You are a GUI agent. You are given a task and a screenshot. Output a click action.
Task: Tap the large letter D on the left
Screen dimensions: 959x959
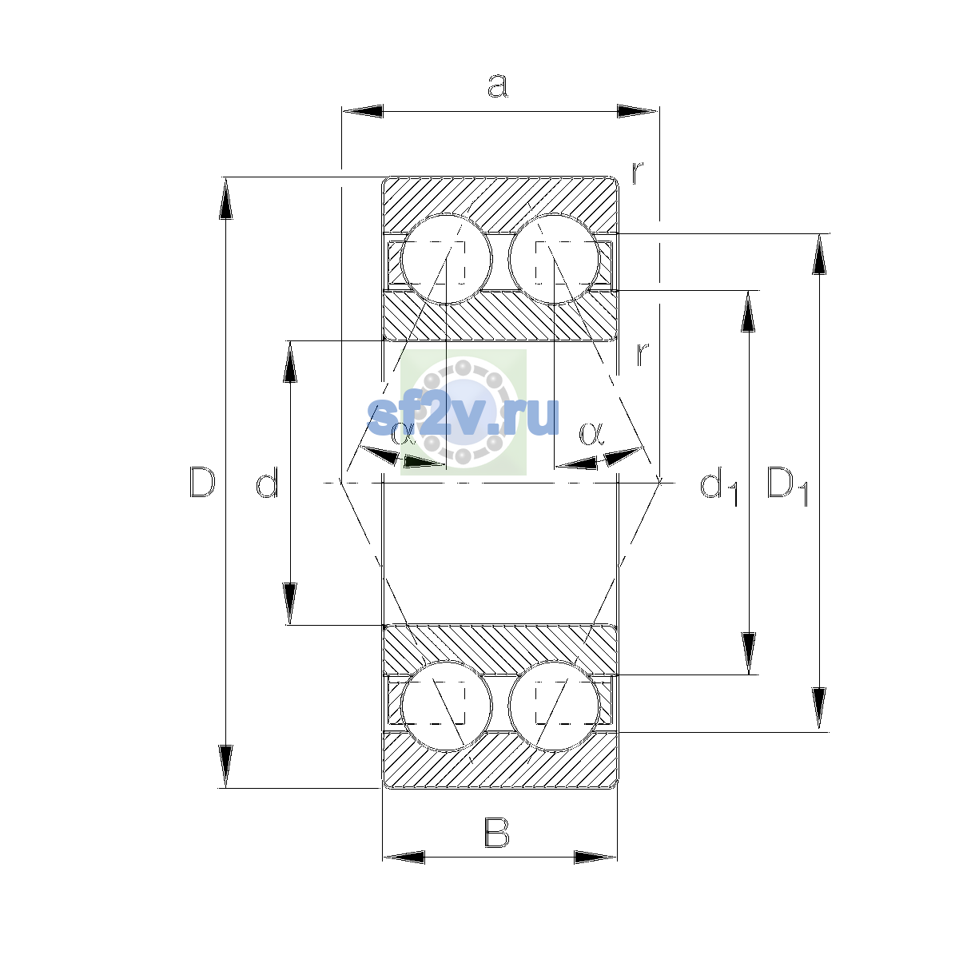pos(202,482)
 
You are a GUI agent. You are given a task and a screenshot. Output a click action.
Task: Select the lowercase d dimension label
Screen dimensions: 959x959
pos(267,482)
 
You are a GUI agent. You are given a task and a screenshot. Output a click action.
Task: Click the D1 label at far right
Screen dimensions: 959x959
pos(788,486)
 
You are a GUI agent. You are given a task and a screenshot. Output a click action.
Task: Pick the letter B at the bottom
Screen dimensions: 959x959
pos(496,833)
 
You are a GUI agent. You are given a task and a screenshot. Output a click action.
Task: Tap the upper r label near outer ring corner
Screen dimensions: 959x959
pos(638,172)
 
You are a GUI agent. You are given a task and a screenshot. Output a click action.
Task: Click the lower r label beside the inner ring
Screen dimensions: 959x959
pos(643,354)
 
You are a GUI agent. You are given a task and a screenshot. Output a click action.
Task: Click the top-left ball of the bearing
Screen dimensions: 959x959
pos(447,259)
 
